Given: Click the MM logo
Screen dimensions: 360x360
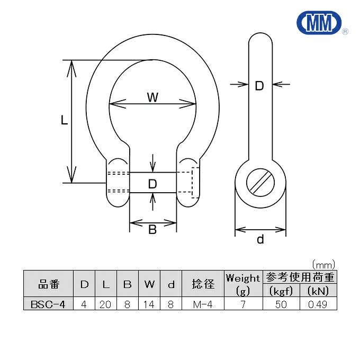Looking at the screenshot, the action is (x=319, y=22).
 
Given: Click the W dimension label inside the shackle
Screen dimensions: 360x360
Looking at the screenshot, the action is (x=152, y=97).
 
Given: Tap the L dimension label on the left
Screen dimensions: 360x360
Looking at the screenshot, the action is (x=64, y=120).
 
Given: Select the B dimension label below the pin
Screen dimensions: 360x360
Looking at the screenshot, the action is (x=152, y=229).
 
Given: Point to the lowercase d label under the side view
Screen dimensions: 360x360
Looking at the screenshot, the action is (x=260, y=239).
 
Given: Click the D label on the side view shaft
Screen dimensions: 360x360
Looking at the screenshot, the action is (x=259, y=86).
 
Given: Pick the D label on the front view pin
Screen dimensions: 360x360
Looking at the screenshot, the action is (x=152, y=184).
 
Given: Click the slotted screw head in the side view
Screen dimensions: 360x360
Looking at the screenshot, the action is (x=260, y=183).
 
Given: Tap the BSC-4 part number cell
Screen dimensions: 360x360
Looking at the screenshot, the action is (x=48, y=304).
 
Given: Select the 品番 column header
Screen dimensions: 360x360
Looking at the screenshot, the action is (x=49, y=284).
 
